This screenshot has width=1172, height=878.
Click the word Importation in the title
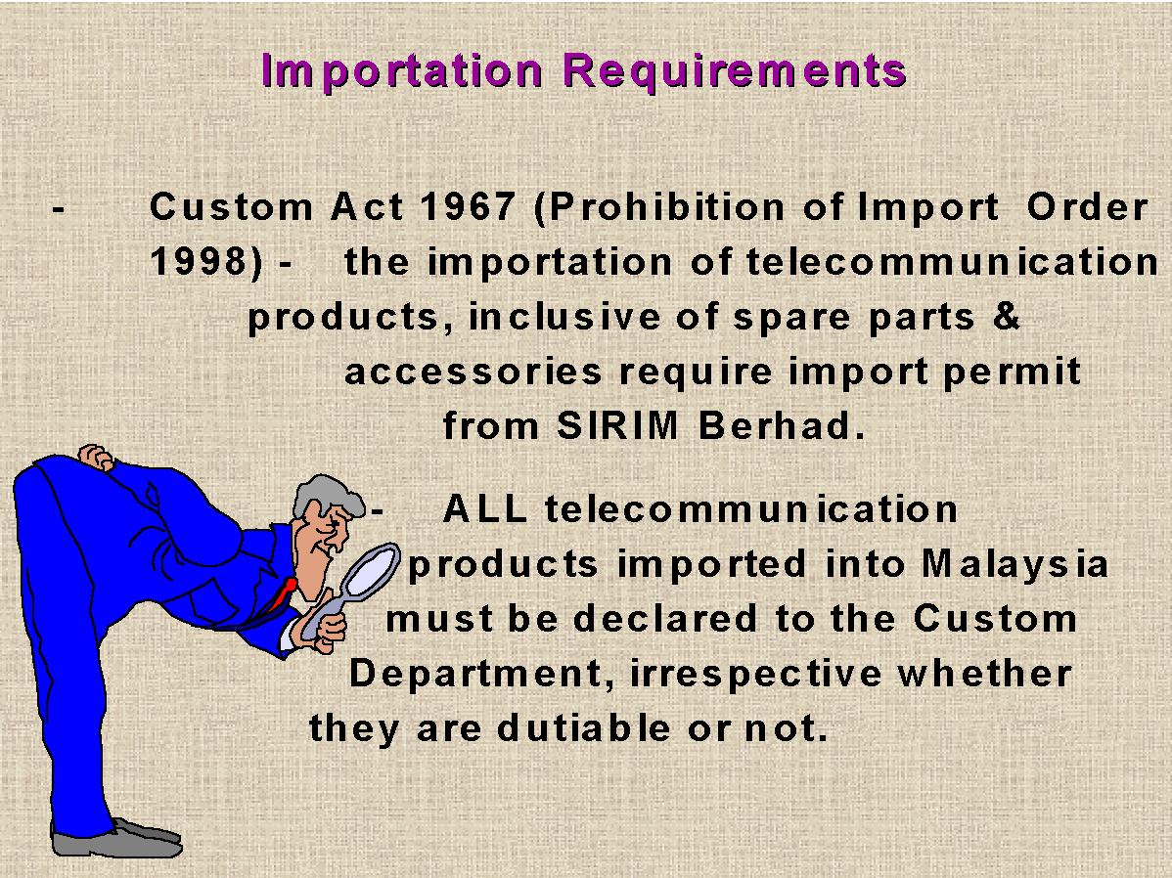tap(401, 72)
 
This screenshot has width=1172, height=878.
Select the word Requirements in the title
tap(734, 72)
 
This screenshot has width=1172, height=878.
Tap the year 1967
tap(468, 207)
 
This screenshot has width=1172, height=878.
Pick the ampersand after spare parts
tap(1006, 316)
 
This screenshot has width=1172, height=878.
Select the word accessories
tap(473, 372)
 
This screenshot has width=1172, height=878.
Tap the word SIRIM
tap(617, 426)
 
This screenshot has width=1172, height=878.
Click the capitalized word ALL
tap(485, 508)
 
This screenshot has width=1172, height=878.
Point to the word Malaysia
tap(1014, 564)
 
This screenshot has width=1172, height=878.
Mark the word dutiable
tap(584, 727)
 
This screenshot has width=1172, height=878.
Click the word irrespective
tap(755, 674)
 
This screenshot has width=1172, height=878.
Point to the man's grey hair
tap(323, 493)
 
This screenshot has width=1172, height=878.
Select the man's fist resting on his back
tap(95, 458)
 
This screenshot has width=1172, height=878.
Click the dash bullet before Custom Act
tap(59, 210)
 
